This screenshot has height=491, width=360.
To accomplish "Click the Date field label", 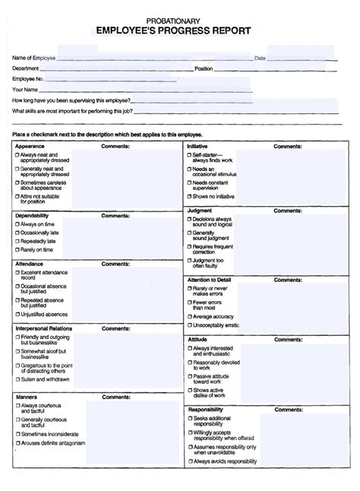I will [259, 58].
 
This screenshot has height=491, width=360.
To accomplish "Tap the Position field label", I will [204, 68].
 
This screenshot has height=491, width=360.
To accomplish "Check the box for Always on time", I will [17, 224].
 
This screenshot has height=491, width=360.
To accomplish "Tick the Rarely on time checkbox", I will [17, 249].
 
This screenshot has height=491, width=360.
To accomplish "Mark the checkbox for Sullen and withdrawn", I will [17, 378].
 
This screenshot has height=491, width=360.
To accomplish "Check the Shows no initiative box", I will [188, 196].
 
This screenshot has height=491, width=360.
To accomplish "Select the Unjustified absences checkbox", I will [17, 313].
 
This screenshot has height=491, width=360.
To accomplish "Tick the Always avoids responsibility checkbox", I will [188, 461].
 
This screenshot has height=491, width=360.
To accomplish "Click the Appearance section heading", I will [30, 145].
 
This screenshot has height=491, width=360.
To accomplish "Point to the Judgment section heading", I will [199, 211].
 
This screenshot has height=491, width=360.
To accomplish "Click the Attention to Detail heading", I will [209, 280].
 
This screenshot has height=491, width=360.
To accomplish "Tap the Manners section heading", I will [27, 397].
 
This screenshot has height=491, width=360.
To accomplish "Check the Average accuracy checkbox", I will [188, 315].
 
